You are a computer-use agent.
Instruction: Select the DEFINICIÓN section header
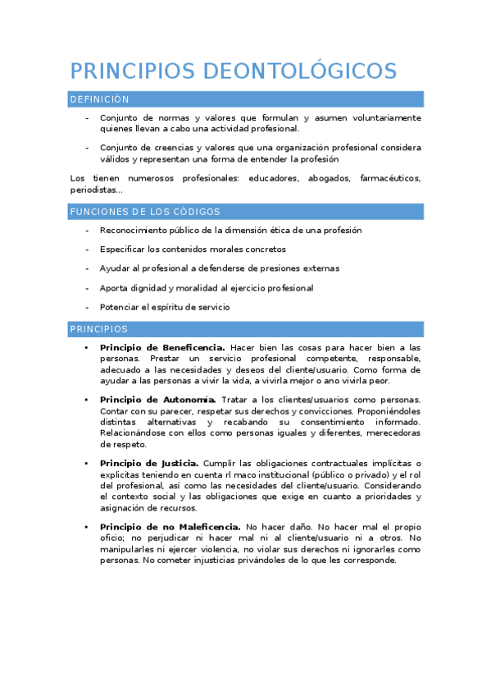click(99, 99)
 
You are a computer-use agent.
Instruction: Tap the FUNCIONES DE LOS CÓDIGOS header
click(145, 212)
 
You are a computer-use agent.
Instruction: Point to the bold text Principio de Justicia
click(149, 463)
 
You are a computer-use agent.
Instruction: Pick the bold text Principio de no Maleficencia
click(170, 526)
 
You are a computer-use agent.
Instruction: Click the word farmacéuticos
click(390, 177)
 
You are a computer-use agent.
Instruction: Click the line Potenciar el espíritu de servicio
click(165, 307)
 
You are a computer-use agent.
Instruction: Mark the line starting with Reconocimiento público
click(230, 230)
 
